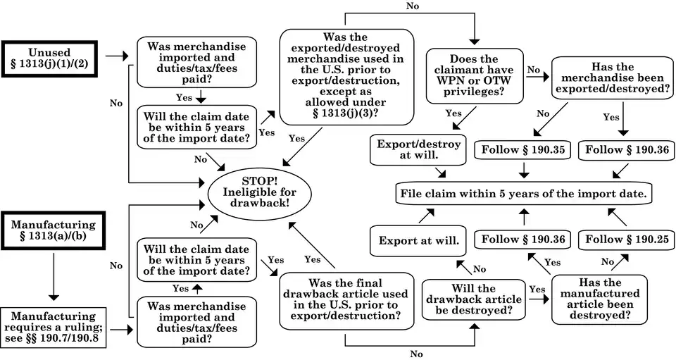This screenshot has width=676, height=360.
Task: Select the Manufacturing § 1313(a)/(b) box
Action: (x=54, y=230)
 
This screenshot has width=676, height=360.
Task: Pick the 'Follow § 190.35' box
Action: (x=524, y=149)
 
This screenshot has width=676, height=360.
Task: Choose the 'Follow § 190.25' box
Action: (x=626, y=240)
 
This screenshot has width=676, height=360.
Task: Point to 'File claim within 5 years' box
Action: (x=523, y=193)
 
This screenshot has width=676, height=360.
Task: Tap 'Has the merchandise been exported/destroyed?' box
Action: (x=612, y=77)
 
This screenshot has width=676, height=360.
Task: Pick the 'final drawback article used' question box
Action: (x=345, y=300)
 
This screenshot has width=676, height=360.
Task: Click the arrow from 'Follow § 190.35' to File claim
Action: (x=524, y=170)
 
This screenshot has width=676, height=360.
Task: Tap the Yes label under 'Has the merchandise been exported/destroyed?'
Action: (x=611, y=117)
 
